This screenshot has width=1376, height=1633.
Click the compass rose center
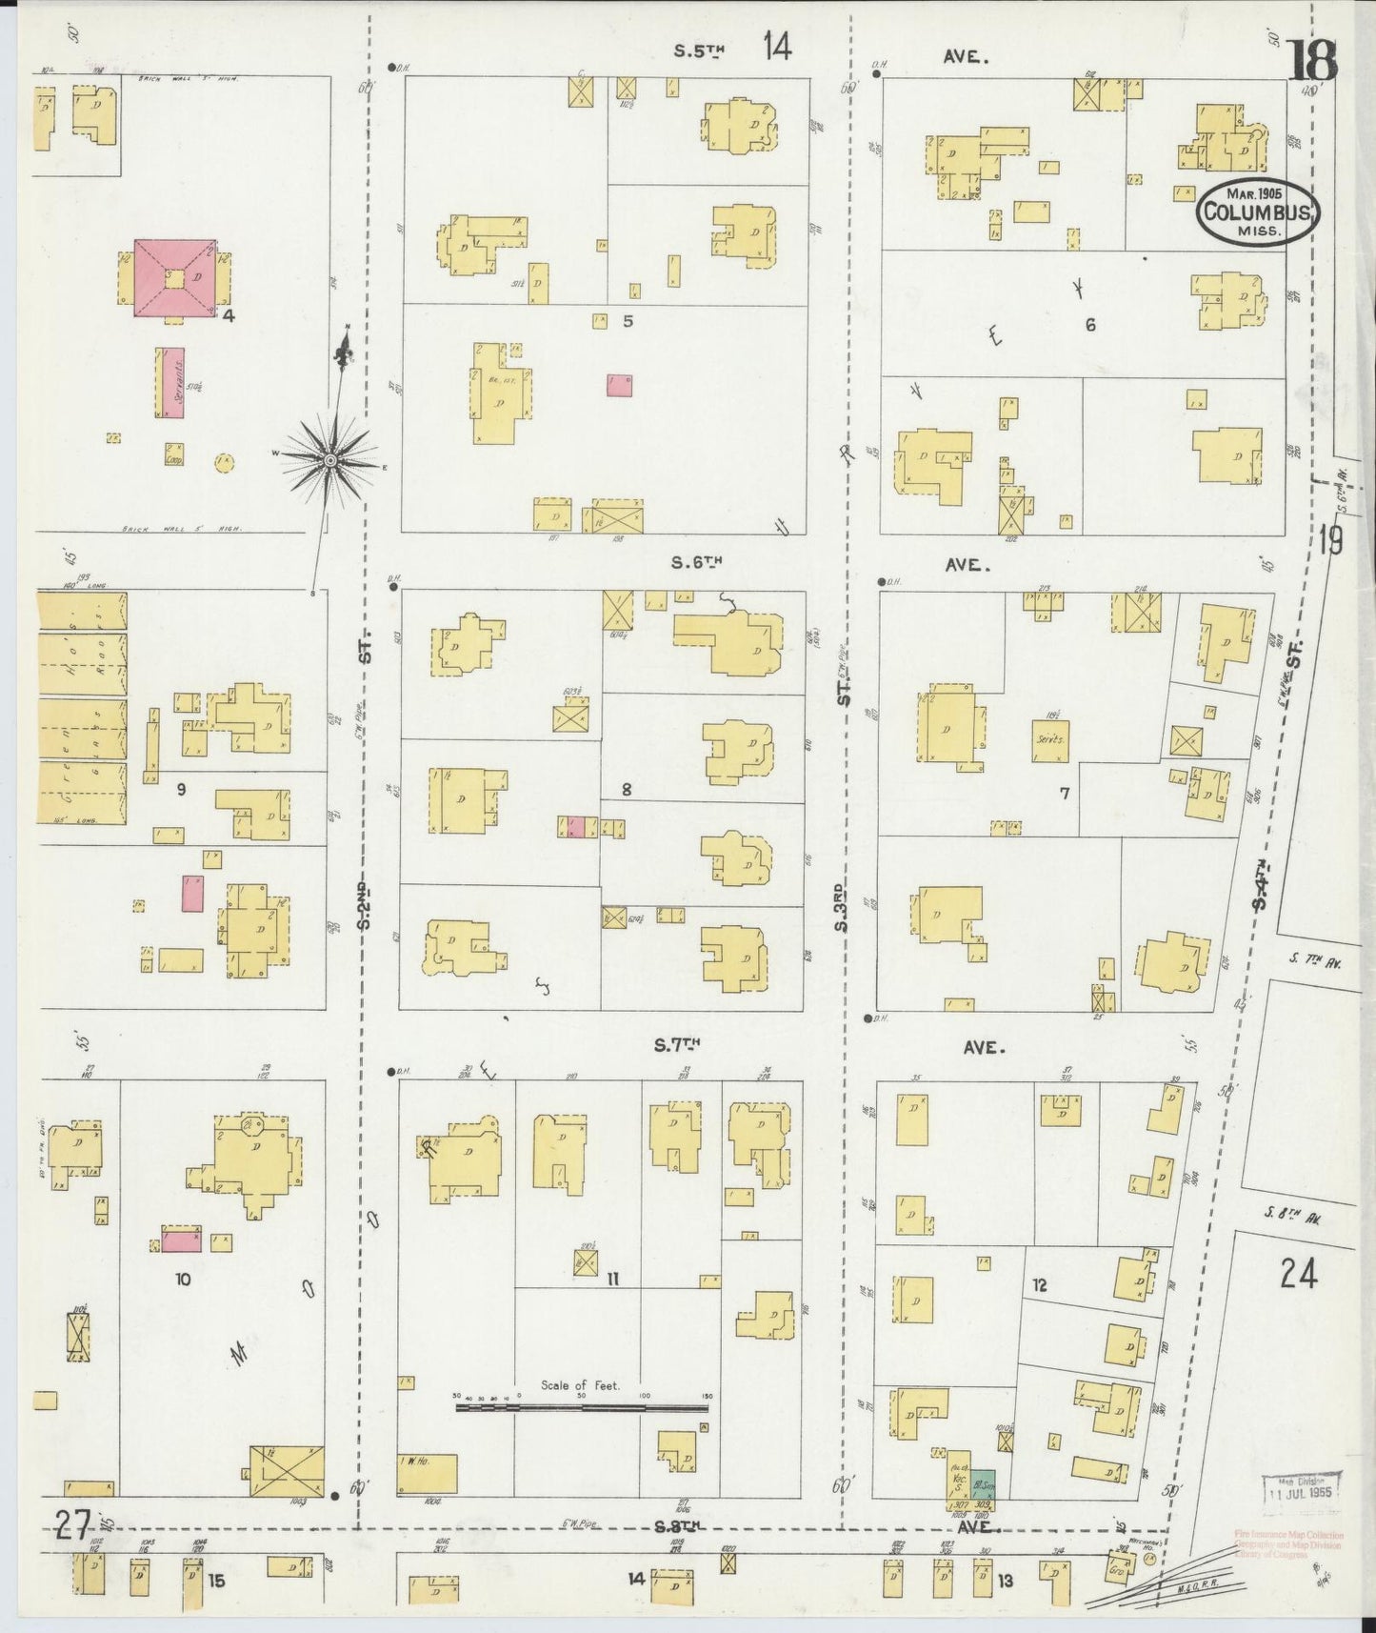330,460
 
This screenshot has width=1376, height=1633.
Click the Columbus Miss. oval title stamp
1258,212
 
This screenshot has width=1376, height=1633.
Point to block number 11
613,1280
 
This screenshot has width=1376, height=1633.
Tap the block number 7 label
1065,793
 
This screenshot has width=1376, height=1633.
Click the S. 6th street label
697,563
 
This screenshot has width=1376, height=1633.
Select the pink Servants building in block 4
171,382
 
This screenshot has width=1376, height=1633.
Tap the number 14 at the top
776,46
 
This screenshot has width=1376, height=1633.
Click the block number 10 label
183,1280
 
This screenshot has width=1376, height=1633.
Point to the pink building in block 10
181,1240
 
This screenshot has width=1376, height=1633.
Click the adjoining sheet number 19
1330,541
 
